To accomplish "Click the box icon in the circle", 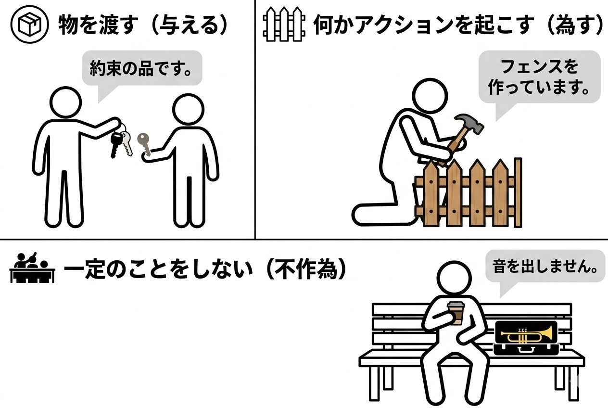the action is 30,25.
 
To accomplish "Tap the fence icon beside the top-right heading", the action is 284,25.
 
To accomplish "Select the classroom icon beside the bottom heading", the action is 32,268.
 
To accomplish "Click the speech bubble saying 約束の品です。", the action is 142,69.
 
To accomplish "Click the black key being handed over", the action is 116,144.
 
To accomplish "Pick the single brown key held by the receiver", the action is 144,144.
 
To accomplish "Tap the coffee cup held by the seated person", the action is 456,313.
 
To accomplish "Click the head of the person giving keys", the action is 66,102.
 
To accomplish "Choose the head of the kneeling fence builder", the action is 430,96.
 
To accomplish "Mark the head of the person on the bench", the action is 454,278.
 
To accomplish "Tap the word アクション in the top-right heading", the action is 405,25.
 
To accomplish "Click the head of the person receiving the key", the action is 188,109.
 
